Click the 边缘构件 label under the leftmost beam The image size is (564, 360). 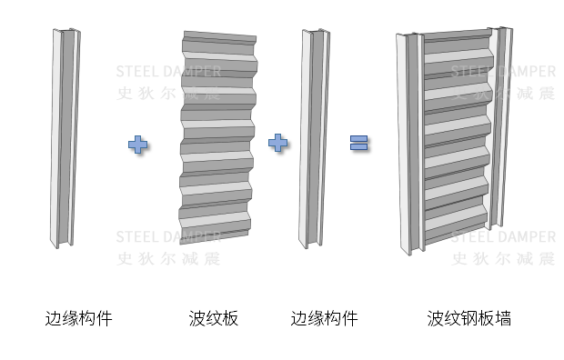pyautogui.click(x=78, y=318)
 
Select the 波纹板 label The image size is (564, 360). pyautogui.click(x=213, y=318)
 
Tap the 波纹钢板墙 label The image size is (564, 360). pyautogui.click(x=469, y=318)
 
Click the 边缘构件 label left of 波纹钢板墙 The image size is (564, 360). pyautogui.click(x=324, y=318)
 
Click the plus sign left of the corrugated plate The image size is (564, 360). pyautogui.click(x=137, y=145)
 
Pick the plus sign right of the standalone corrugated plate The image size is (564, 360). pyautogui.click(x=278, y=143)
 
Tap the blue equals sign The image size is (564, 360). pyautogui.click(x=359, y=143)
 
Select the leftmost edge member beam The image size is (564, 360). pyautogui.click(x=65, y=138)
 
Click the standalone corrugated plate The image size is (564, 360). pyautogui.click(x=218, y=138)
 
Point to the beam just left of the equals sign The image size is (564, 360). pyautogui.click(x=314, y=139)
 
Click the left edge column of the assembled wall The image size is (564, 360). pyautogui.click(x=411, y=144)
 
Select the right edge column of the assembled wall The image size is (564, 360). pyautogui.click(x=500, y=127)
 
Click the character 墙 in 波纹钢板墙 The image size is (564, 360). pyautogui.click(x=503, y=318)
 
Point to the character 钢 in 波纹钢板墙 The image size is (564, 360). pyautogui.click(x=469, y=318)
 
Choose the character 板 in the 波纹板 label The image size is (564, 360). pyautogui.click(x=230, y=318)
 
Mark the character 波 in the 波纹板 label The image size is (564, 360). pyautogui.click(x=196, y=318)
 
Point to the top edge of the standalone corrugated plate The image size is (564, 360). pyautogui.click(x=220, y=34)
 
